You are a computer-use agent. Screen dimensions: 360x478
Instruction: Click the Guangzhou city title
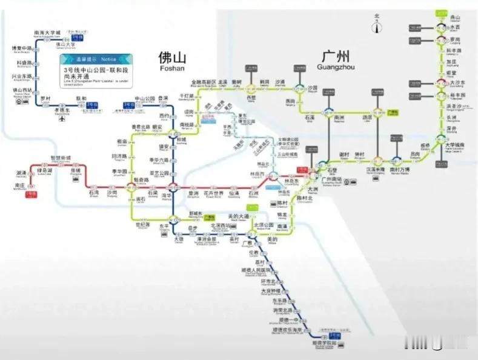coord(333,59)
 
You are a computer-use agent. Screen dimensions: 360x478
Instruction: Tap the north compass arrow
coord(376,24)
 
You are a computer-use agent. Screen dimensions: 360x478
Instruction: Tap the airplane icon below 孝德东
coord(61,119)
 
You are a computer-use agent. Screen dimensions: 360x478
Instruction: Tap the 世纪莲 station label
coord(142,224)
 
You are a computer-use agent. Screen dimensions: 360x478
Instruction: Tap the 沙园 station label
coord(312,88)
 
